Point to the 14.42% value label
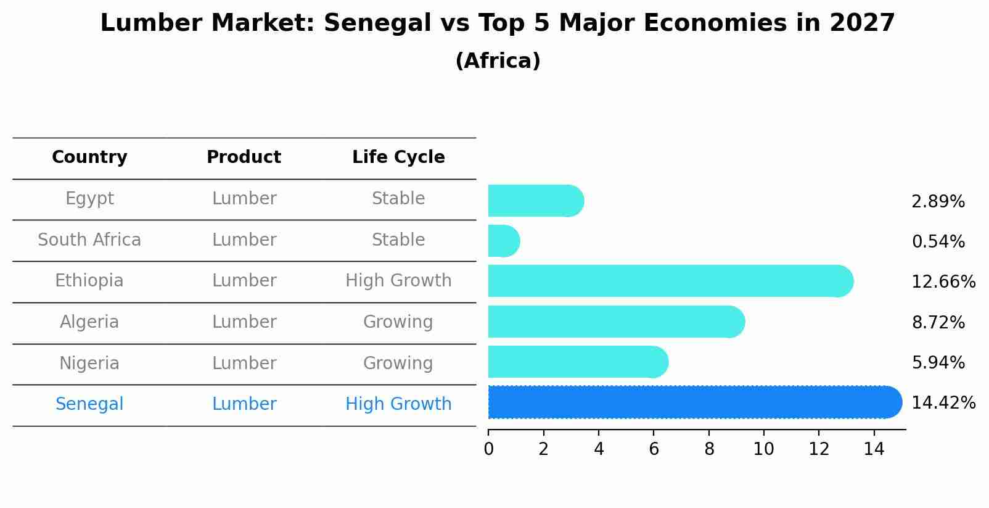click(943, 403)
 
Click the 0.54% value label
click(938, 242)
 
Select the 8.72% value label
click(938, 323)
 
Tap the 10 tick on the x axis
click(763, 449)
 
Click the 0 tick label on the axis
click(488, 449)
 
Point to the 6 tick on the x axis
click(654, 449)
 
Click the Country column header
click(89, 157)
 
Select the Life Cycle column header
click(398, 157)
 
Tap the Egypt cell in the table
click(89, 199)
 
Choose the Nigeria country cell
click(89, 364)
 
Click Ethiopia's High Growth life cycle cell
click(398, 281)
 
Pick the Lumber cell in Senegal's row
click(244, 404)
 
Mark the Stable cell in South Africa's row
click(398, 240)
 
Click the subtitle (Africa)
click(498, 61)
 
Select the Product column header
click(244, 157)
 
